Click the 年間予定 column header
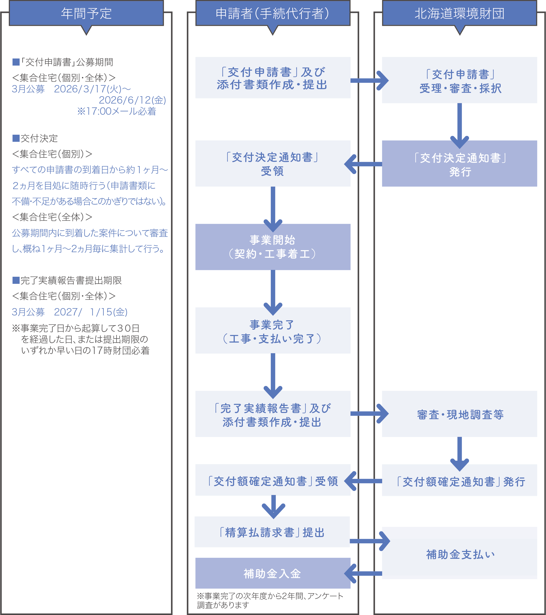(86, 13)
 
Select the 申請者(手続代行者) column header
(273, 13)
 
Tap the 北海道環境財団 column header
(459, 13)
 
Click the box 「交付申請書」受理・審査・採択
(459, 80)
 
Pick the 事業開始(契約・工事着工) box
(273, 247)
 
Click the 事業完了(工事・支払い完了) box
(273, 331)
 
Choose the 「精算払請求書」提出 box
(272, 532)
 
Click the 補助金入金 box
(273, 573)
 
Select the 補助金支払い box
(459, 554)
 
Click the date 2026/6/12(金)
(132, 100)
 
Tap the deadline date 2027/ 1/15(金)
(91, 312)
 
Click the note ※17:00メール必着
(116, 112)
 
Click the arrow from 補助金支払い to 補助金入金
(364, 573)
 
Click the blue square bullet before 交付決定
(16, 138)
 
